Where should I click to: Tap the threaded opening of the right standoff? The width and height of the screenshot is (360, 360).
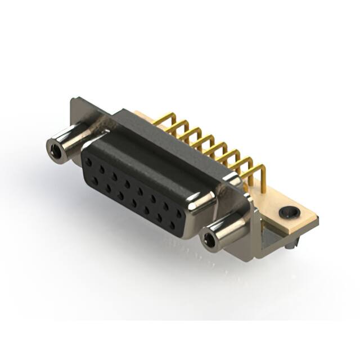point(209,241)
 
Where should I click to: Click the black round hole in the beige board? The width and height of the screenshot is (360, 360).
point(289,213)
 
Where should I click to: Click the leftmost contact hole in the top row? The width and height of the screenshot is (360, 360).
point(88,161)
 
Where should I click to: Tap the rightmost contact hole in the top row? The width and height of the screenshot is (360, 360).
point(179,214)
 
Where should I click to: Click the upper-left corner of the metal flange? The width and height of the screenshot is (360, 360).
point(73,101)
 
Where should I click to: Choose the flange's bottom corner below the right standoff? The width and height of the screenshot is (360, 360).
point(256,256)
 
